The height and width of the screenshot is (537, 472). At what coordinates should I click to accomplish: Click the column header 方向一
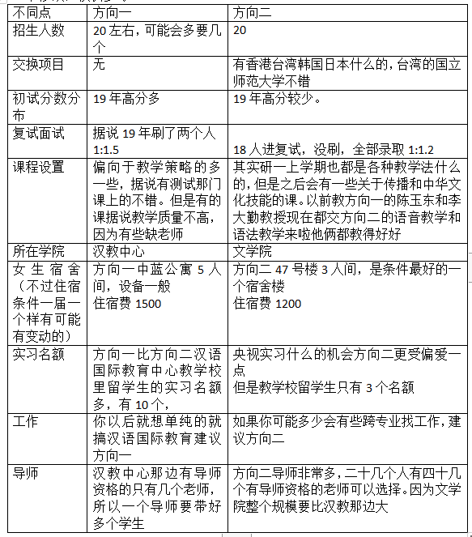click(115, 14)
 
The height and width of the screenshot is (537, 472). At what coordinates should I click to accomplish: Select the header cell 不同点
click(32, 14)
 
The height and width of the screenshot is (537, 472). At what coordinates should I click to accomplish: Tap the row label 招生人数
click(38, 30)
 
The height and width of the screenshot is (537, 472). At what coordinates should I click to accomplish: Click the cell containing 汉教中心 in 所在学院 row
click(118, 251)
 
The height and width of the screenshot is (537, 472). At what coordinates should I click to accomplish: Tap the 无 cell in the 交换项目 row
click(100, 64)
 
